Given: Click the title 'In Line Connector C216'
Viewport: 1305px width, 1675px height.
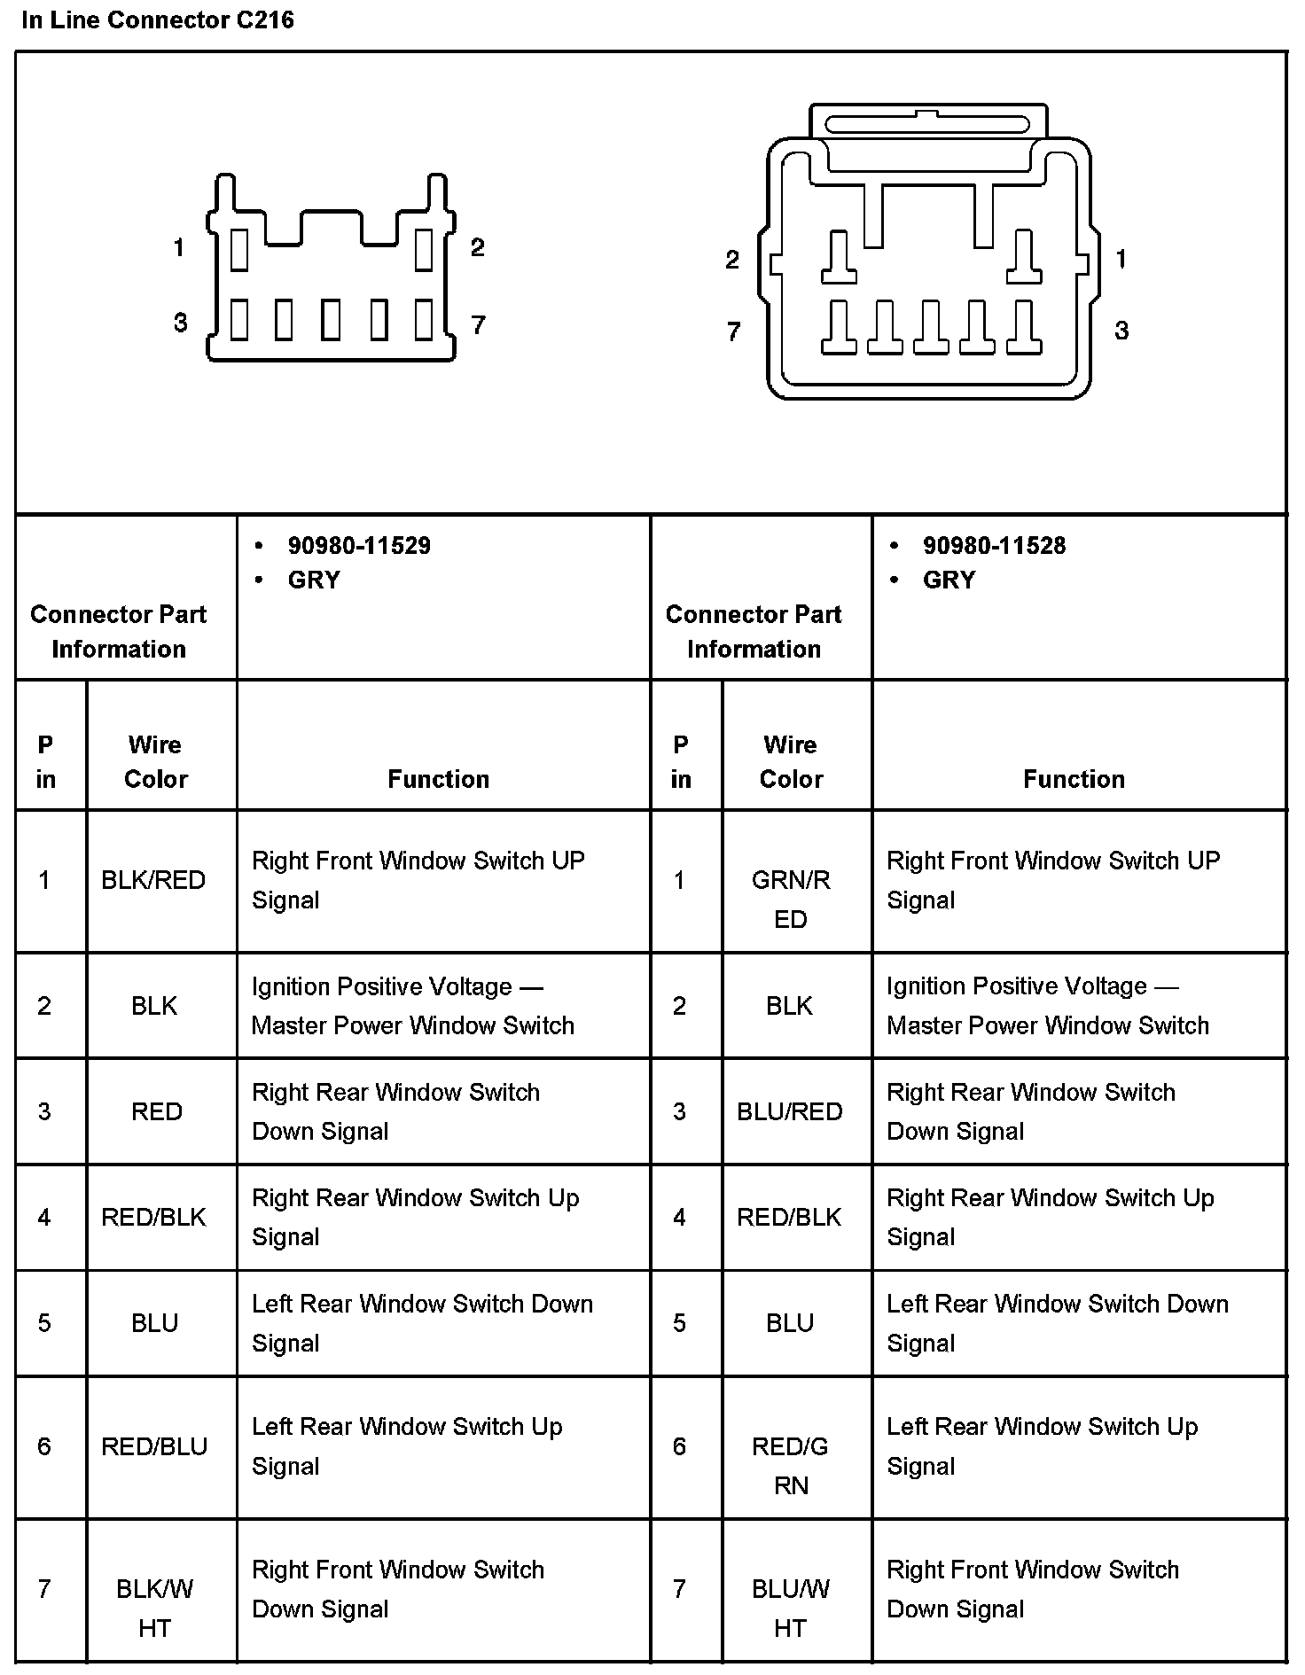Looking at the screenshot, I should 158,19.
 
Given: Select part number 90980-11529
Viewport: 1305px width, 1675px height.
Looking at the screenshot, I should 358,545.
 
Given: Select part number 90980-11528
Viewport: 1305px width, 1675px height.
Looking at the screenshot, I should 994,545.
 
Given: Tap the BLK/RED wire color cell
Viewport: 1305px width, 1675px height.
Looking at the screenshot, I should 153,880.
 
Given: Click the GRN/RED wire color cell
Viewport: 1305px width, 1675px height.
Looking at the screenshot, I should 790,899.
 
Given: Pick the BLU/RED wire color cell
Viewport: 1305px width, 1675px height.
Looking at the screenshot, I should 790,1111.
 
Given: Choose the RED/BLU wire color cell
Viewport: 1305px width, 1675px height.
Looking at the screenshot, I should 154,1446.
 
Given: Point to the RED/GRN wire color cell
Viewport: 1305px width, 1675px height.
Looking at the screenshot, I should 790,1465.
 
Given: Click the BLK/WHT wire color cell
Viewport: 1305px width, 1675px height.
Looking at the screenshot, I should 154,1608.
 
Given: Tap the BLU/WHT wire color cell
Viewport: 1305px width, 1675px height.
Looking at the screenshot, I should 790,1608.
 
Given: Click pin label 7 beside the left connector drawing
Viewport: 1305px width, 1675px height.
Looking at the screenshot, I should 478,325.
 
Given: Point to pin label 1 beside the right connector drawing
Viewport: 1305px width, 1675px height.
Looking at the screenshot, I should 1121,259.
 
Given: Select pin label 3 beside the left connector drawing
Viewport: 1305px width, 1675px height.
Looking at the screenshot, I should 180,323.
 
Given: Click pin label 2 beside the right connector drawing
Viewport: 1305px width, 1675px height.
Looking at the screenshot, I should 731,260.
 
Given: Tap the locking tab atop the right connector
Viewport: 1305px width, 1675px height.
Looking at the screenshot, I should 927,123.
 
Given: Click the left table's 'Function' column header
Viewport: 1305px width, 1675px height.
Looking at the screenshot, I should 438,779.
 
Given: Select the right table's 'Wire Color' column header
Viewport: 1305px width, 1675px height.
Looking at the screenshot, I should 790,761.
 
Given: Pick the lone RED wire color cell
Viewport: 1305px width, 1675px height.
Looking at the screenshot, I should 156,1111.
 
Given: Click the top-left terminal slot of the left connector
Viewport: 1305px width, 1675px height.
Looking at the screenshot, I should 238,249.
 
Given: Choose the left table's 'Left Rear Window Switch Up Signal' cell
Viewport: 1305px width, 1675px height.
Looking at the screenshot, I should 407,1445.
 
